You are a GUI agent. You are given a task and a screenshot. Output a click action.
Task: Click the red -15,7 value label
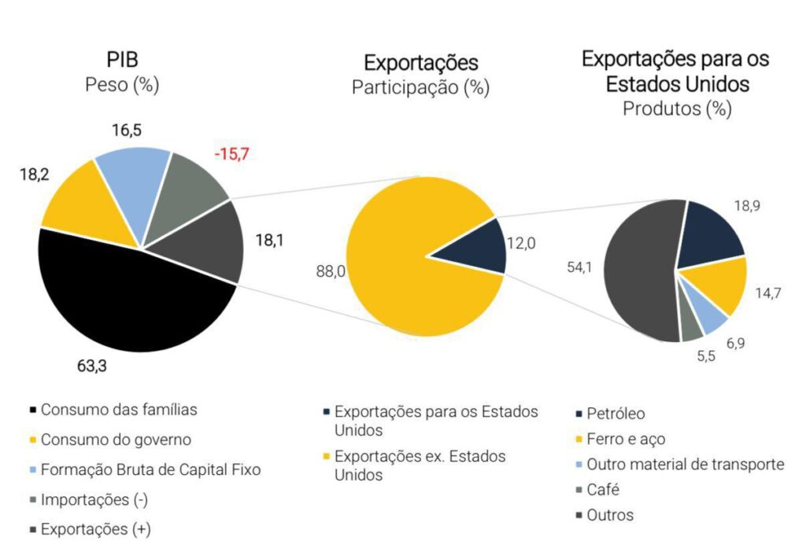[x=231, y=154]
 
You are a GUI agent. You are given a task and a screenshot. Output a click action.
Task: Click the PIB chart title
[x=122, y=60]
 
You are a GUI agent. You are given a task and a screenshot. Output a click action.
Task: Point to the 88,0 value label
[x=328, y=271]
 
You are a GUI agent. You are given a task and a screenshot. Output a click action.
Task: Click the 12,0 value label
[x=520, y=244]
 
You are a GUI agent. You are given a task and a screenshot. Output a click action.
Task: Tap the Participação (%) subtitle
[x=420, y=87]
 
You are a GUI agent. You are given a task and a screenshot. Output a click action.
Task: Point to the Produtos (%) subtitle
[x=677, y=108]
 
